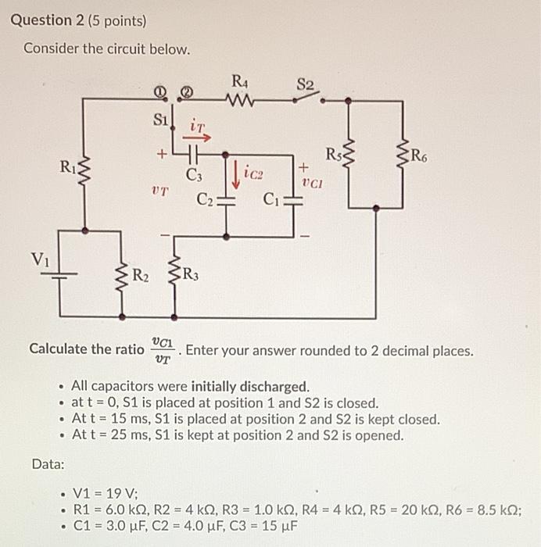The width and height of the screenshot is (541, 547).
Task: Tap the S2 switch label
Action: pyautogui.click(x=305, y=83)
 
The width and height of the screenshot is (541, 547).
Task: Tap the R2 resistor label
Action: pyautogui.click(x=142, y=274)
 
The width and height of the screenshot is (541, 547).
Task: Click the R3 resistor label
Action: pyautogui.click(x=191, y=274)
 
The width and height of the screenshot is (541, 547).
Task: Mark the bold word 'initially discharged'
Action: pyautogui.click(x=260, y=386)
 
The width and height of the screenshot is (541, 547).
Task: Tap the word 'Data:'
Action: pyautogui.click(x=48, y=464)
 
